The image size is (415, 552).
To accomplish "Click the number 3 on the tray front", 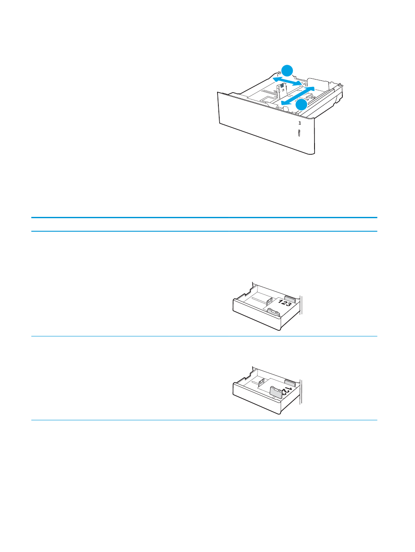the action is click(x=299, y=123).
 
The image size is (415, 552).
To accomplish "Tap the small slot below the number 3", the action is click(x=299, y=133).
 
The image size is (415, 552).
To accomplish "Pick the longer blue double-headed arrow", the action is click(x=298, y=96).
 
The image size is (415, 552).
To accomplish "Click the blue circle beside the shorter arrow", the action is click(x=287, y=70).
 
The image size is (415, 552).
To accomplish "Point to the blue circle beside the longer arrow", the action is click(x=301, y=105).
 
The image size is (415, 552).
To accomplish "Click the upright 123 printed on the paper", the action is click(x=285, y=303).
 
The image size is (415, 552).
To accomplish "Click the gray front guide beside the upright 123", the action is click(x=273, y=312).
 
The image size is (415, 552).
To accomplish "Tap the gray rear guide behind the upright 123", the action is click(x=290, y=299).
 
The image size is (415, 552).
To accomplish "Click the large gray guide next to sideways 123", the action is click(x=275, y=392).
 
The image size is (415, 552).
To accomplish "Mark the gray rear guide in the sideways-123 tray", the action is click(x=290, y=383).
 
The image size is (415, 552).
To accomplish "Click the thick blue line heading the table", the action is click(x=204, y=217).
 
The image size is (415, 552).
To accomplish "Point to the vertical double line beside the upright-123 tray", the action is click(x=301, y=305).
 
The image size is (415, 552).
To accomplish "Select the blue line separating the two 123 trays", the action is click(x=204, y=336).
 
